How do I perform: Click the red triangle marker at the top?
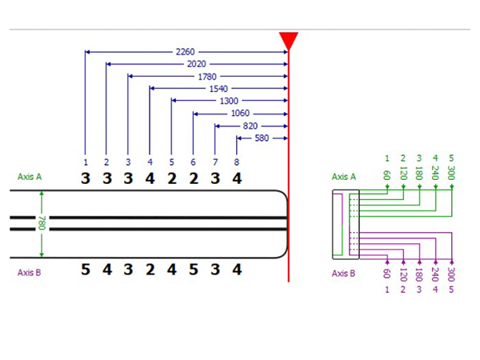coord(289,39)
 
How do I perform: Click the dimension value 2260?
coord(184,52)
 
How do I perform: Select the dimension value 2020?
coord(195,64)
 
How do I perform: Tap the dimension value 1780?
coord(206,77)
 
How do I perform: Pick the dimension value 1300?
coord(228,101)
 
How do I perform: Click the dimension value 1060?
coord(240,114)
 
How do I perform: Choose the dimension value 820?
coord(250,126)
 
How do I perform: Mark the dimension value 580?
coord(262,138)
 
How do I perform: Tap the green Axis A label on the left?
coord(30,177)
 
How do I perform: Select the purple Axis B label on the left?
coord(30,271)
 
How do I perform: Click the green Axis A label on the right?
coord(344,177)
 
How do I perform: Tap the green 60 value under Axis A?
coord(386,175)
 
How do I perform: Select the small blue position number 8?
coord(237,162)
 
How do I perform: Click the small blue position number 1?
coord(85,162)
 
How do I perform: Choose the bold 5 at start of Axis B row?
coord(85,270)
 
